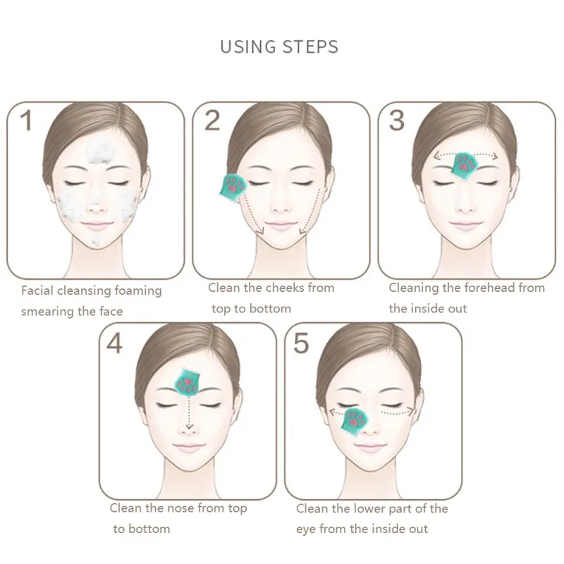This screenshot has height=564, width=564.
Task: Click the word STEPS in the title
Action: click(310, 47)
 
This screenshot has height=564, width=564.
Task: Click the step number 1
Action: click(26, 120)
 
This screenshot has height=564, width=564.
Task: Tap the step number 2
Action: click(212, 121)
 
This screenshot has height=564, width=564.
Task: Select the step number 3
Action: click(397, 121)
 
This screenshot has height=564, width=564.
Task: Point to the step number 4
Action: click(114, 343)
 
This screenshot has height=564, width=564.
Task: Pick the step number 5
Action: click(301, 343)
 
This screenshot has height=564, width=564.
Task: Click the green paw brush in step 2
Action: click(233, 188)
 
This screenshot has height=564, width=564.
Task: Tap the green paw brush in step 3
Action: click(465, 166)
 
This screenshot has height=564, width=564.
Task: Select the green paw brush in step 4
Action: click(187, 382)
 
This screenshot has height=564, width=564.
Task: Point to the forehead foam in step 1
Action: click(101, 151)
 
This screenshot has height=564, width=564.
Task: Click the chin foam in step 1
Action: click(96, 240)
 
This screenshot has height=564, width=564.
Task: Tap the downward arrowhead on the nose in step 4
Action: click(189, 427)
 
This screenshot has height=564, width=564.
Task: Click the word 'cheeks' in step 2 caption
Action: click(285, 288)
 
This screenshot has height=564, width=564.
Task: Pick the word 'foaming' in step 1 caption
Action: click(137, 291)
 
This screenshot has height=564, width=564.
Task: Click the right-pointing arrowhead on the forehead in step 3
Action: click(495, 156)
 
